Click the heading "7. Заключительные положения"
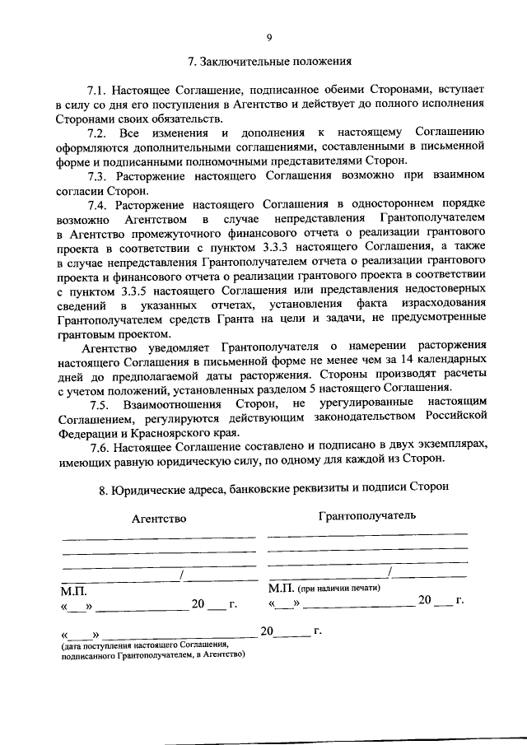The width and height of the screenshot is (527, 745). (x=269, y=61)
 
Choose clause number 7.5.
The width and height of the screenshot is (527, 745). (x=100, y=404)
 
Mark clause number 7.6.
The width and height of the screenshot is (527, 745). (x=100, y=446)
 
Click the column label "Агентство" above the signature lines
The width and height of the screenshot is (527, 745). (x=159, y=519)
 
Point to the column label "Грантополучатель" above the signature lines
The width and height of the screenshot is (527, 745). (x=366, y=515)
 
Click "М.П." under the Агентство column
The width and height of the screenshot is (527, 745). (x=72, y=590)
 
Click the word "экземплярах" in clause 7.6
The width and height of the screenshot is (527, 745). (x=453, y=446)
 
